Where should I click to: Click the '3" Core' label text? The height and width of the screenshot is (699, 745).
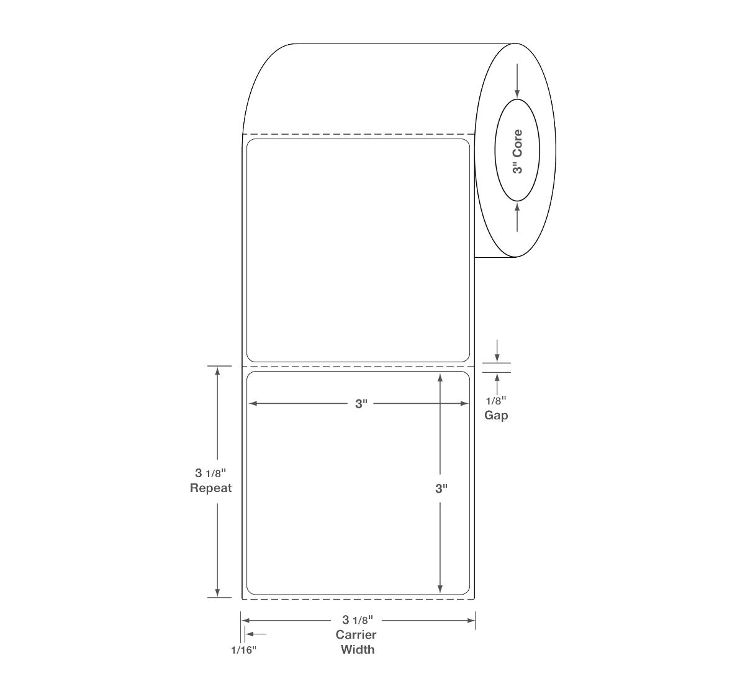pyautogui.click(x=518, y=152)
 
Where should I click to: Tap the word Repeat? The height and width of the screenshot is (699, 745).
pyautogui.click(x=211, y=488)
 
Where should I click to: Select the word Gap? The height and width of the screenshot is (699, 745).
pyautogui.click(x=496, y=416)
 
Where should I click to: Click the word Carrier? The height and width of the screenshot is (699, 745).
pyautogui.click(x=356, y=635)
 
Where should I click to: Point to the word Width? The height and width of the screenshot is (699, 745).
pyautogui.click(x=358, y=649)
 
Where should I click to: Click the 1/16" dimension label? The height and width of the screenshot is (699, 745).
pyautogui.click(x=244, y=650)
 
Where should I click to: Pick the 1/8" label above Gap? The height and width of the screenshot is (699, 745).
pyautogui.click(x=496, y=400)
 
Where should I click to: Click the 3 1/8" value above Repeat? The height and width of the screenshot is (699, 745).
pyautogui.click(x=210, y=473)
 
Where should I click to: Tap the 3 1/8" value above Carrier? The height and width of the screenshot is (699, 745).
pyautogui.click(x=358, y=619)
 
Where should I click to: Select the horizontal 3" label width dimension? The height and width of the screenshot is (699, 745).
pyautogui.click(x=361, y=404)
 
